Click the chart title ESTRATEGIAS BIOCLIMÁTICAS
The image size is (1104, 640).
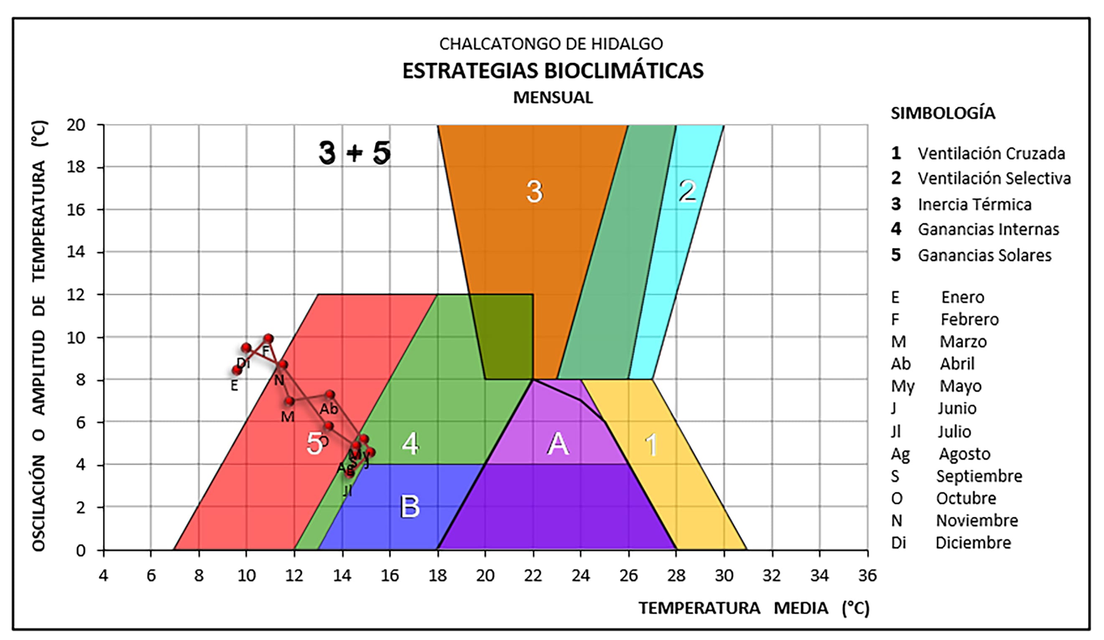tap(553, 71)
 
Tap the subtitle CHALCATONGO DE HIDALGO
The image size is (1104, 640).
tap(551, 44)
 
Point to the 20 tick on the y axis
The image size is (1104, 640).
tap(76, 125)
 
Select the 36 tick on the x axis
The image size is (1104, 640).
tap(867, 576)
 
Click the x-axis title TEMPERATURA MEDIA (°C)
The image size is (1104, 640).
tap(754, 608)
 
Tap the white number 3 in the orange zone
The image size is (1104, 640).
tap(535, 191)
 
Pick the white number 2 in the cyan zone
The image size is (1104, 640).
tap(687, 191)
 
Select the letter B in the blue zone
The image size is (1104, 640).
tap(410, 506)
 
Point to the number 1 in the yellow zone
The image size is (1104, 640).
tap(651, 445)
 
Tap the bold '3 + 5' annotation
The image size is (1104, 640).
tap(354, 153)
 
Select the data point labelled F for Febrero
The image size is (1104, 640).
tap(268, 339)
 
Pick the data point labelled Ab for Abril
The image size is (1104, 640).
tap(330, 395)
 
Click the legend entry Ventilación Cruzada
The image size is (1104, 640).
tap(992, 153)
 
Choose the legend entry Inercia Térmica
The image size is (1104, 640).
tap(975, 204)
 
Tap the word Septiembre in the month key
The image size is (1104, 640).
tap(979, 476)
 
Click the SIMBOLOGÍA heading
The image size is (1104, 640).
tap(943, 113)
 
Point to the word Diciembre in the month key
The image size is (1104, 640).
tap(974, 543)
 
